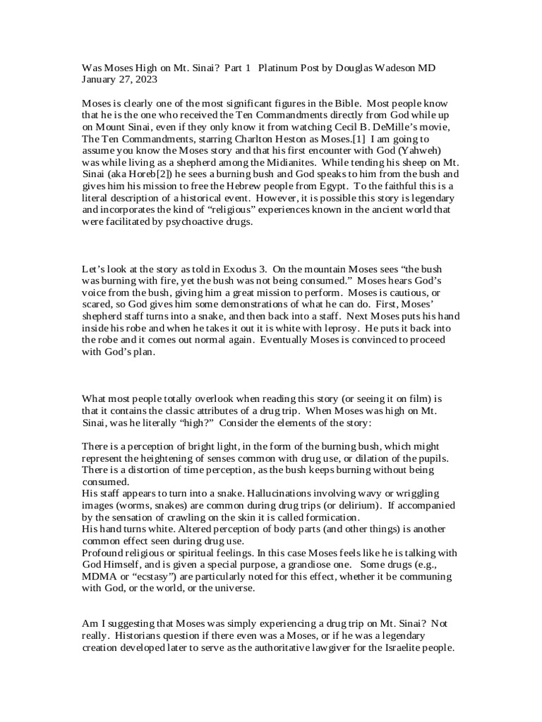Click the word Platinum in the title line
click(280, 68)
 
